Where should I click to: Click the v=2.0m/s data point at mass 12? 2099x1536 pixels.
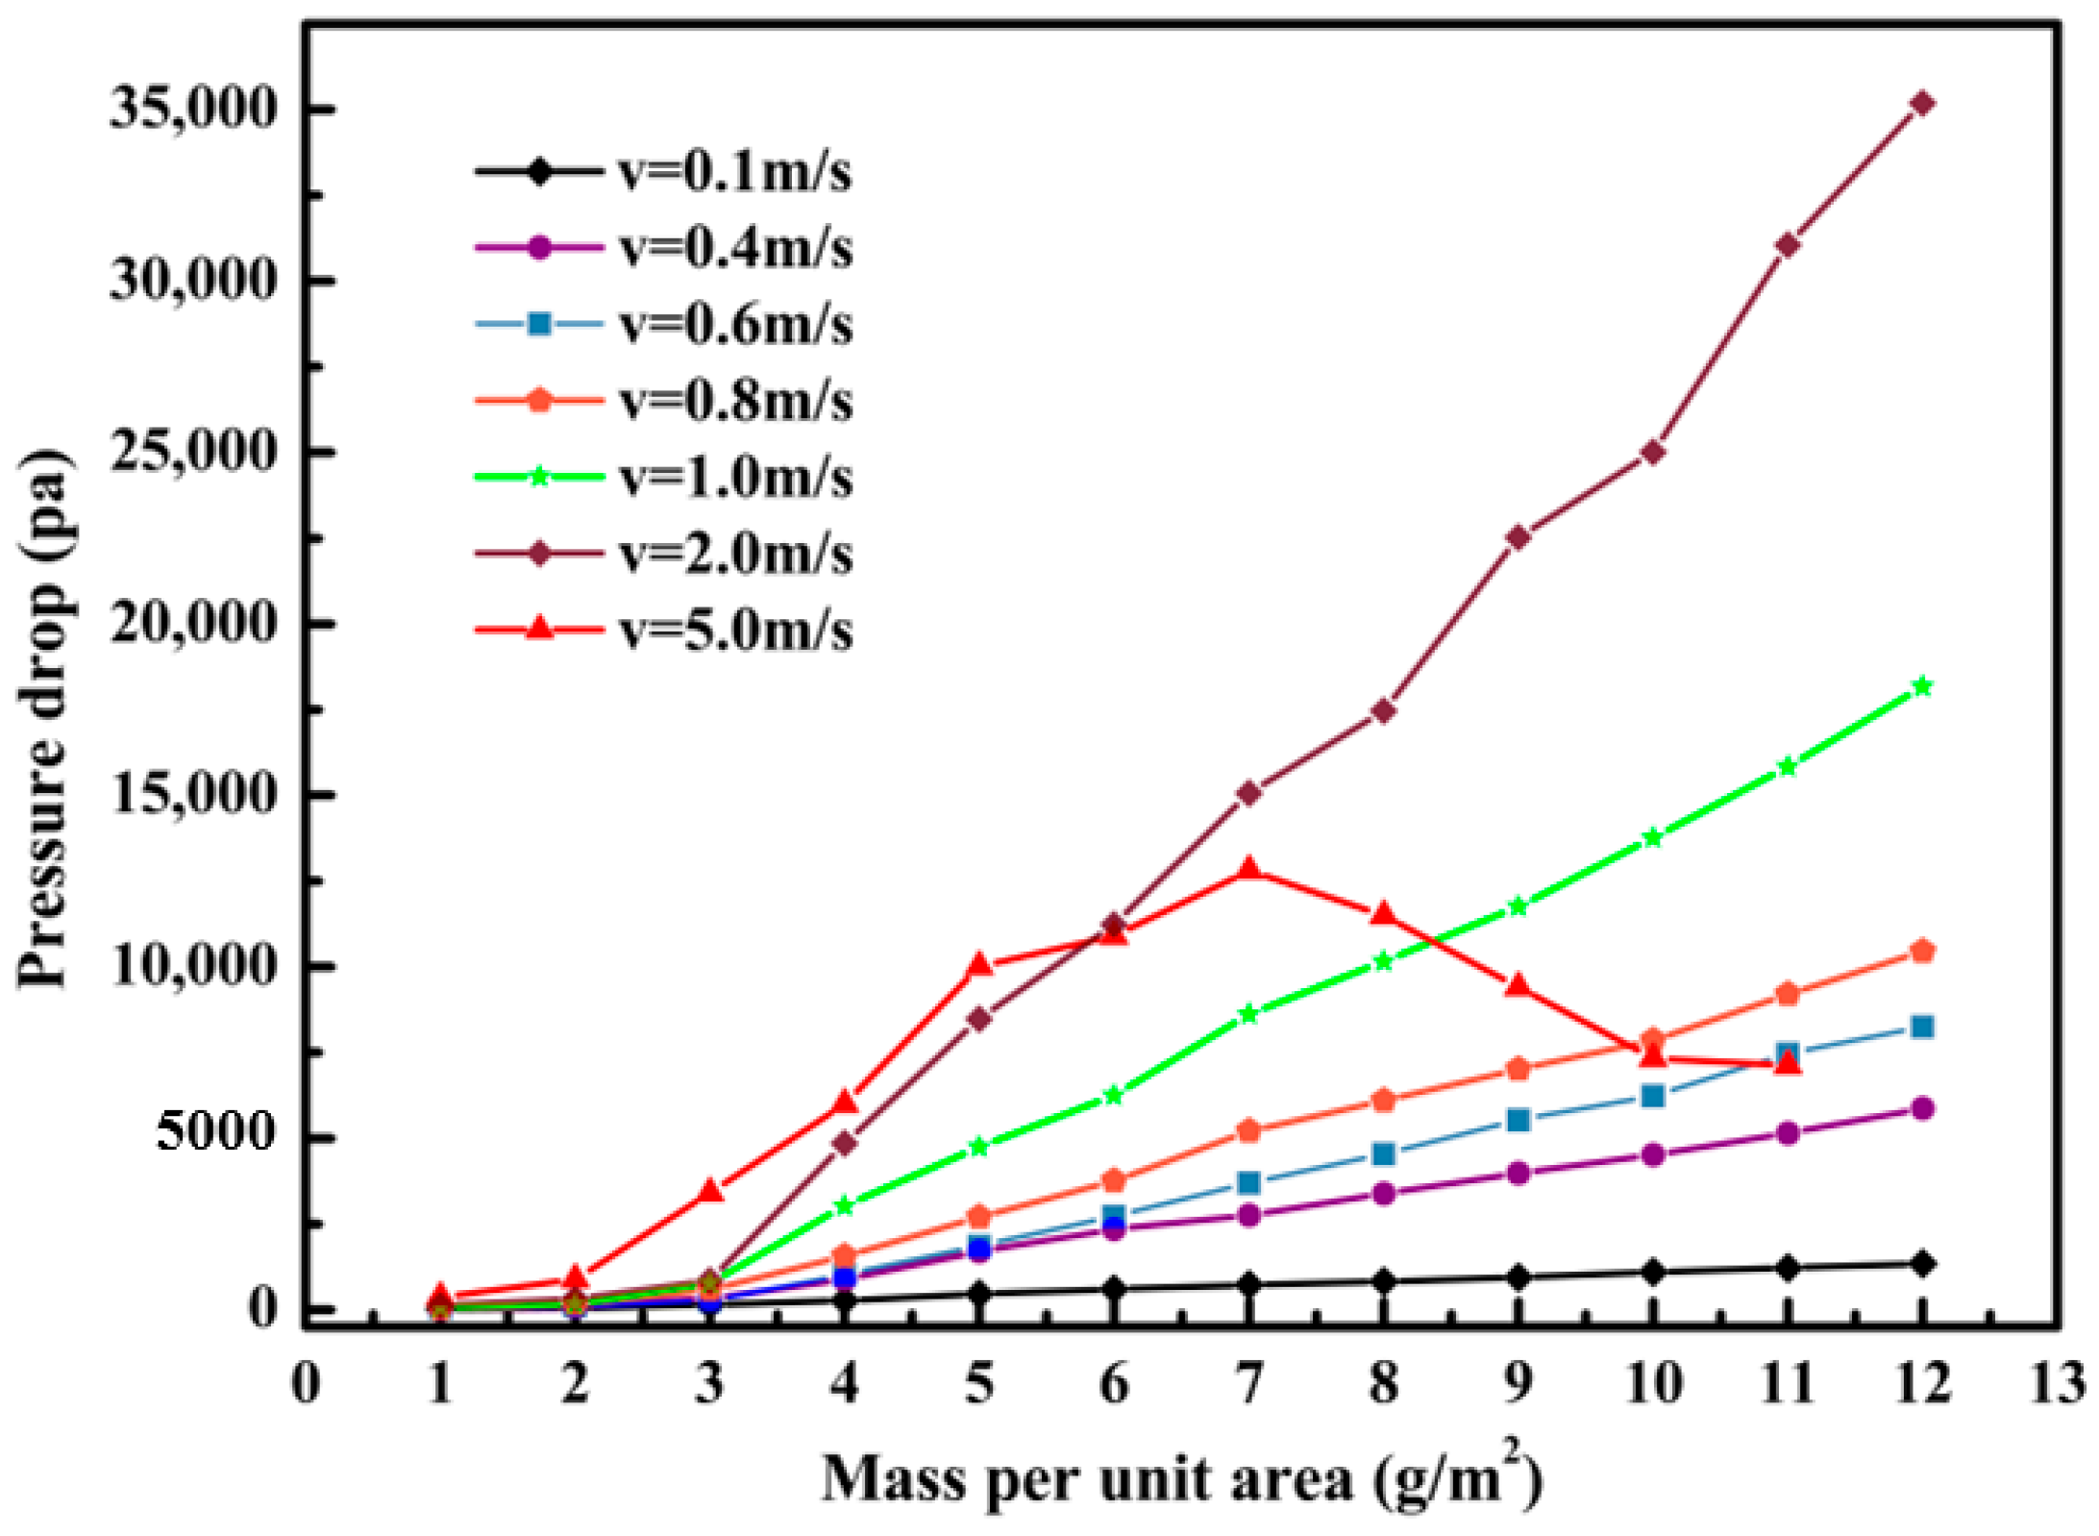pyautogui.click(x=1922, y=103)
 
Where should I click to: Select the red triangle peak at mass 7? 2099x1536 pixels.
pyautogui.click(x=1248, y=869)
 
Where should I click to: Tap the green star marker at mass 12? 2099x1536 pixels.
pyautogui.click(x=1922, y=685)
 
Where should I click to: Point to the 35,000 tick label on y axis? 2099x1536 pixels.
pyautogui.click(x=193, y=107)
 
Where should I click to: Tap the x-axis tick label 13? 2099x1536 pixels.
pyautogui.click(x=2058, y=1384)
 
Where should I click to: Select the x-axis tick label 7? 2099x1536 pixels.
pyautogui.click(x=1248, y=1384)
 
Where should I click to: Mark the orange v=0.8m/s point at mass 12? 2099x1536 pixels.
pyautogui.click(x=1922, y=951)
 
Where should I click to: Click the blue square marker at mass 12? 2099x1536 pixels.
pyautogui.click(x=1922, y=1027)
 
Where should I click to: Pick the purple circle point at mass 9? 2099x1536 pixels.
pyautogui.click(x=1519, y=1173)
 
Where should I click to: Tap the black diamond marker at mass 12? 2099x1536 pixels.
pyautogui.click(x=1922, y=1264)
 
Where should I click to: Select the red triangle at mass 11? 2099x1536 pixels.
pyautogui.click(x=1788, y=1062)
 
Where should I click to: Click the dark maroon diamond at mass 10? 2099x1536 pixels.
pyautogui.click(x=1653, y=452)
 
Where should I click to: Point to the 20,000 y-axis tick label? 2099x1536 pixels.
pyautogui.click(x=193, y=623)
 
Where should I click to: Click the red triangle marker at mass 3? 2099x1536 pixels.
pyautogui.click(x=710, y=1190)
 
